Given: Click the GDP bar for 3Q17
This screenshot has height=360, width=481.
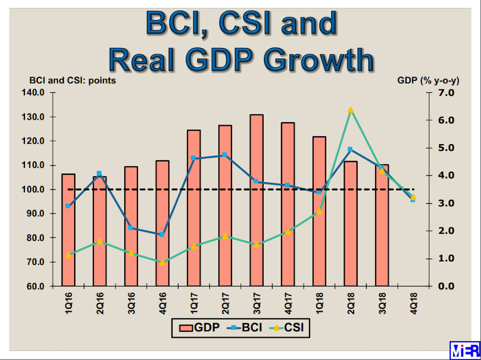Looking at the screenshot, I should [256, 202].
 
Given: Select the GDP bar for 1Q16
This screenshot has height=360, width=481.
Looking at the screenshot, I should [68, 231].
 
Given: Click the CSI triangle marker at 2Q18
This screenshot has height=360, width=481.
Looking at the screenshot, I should [351, 110].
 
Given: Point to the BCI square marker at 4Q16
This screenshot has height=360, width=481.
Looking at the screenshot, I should [162, 235].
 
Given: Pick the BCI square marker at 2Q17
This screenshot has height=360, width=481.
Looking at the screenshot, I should [225, 155].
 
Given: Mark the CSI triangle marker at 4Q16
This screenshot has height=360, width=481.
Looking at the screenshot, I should [162, 262].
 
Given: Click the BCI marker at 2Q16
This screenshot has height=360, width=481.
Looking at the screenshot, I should [100, 174].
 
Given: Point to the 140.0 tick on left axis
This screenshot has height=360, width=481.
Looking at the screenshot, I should [32, 93].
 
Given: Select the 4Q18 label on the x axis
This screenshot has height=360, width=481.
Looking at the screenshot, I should [413, 302].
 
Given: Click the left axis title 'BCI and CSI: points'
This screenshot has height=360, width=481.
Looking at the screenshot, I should [73, 80].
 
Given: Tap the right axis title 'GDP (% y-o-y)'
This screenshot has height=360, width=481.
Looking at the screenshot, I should [428, 80].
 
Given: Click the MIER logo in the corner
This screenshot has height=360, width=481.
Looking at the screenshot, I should [464, 350].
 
